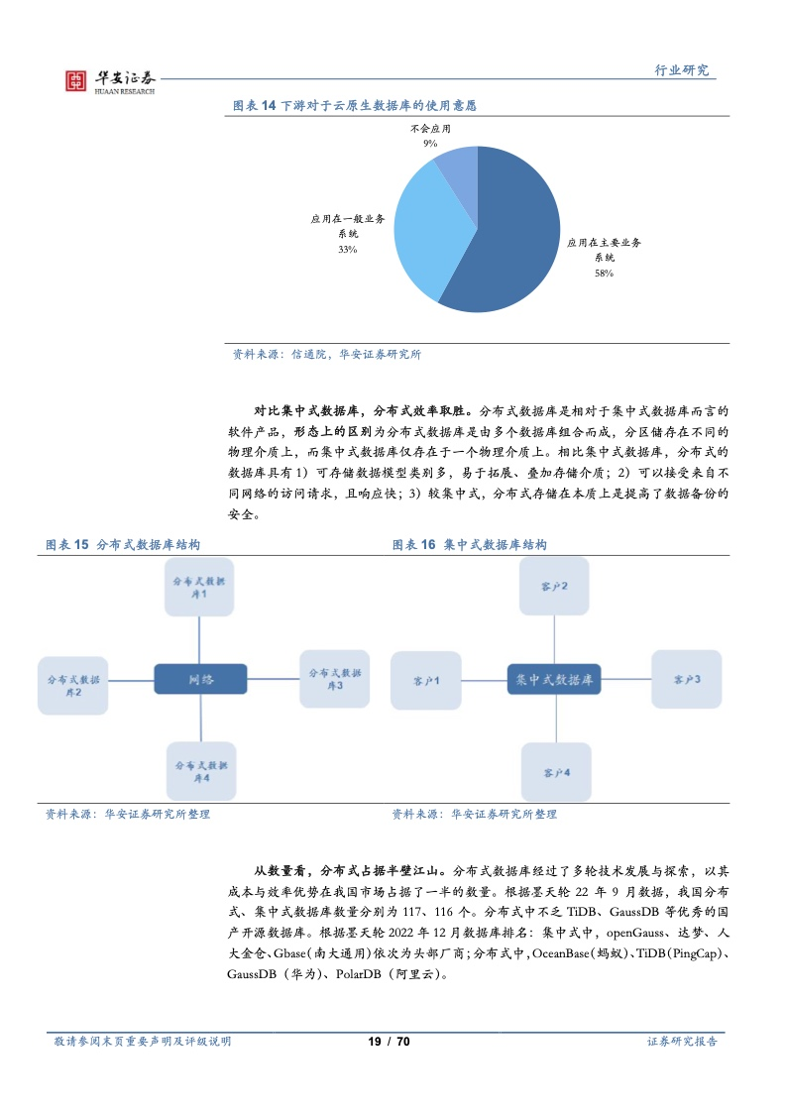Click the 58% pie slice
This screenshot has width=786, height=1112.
click(510, 234)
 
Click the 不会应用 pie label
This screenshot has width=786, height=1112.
click(430, 129)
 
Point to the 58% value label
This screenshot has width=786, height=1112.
click(604, 273)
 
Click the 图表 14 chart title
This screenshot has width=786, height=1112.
click(355, 106)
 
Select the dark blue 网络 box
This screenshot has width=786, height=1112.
click(201, 679)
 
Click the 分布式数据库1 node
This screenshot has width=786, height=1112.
click(199, 587)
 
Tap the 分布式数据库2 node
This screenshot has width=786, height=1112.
click(73, 685)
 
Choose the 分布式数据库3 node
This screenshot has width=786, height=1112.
click(335, 679)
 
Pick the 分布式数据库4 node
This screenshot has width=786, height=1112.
click(201, 772)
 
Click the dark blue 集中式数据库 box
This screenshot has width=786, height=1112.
click(554, 680)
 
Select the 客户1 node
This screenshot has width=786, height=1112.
click(426, 681)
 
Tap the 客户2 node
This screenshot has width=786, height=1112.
click(554, 587)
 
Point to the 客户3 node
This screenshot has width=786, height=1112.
click(687, 679)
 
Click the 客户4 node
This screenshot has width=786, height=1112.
click(557, 772)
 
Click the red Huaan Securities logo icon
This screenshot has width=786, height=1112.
click(76, 81)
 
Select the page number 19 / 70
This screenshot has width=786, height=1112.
click(389, 1041)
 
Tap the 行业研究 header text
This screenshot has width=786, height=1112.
click(681, 70)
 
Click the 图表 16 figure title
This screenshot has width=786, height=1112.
click(470, 545)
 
